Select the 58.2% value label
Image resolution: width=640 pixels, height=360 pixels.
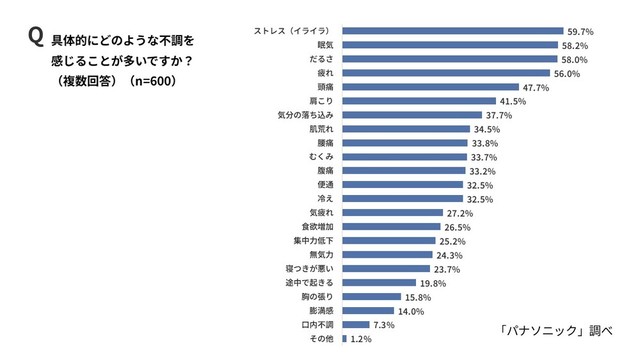(577, 45)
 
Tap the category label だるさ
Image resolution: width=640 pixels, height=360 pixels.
(319, 59)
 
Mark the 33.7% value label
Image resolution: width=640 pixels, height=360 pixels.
(485, 157)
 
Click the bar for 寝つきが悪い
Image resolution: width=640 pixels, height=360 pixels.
(386, 269)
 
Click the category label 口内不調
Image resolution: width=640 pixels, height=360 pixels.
(317, 325)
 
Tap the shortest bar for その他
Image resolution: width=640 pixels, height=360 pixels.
(344, 339)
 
